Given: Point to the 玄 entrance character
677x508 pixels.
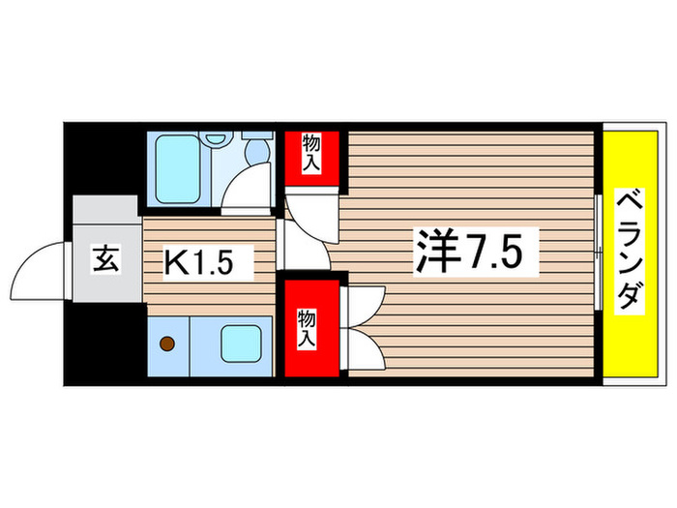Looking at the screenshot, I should point(104,259).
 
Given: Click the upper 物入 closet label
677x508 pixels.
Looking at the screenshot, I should point(311,154).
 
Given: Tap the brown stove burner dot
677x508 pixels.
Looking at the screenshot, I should point(167,342).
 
